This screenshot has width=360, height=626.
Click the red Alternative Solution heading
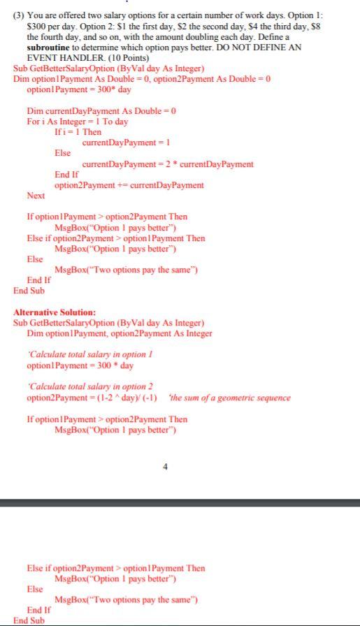[55, 312]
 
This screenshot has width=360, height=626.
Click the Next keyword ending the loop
[36, 196]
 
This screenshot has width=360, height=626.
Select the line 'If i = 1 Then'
[78, 132]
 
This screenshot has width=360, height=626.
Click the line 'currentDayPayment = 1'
[127, 143]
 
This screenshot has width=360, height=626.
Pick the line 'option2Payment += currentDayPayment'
[129, 185]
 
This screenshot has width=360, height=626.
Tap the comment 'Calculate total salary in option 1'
[89, 354]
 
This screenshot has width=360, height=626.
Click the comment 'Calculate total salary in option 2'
[89, 386]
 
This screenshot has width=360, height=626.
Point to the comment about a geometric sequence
[230, 398]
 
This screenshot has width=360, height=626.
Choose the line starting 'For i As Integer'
[78, 122]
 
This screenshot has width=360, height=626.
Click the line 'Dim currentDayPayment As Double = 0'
[101, 111]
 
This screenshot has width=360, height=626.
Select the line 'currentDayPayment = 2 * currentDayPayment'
[168, 164]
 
